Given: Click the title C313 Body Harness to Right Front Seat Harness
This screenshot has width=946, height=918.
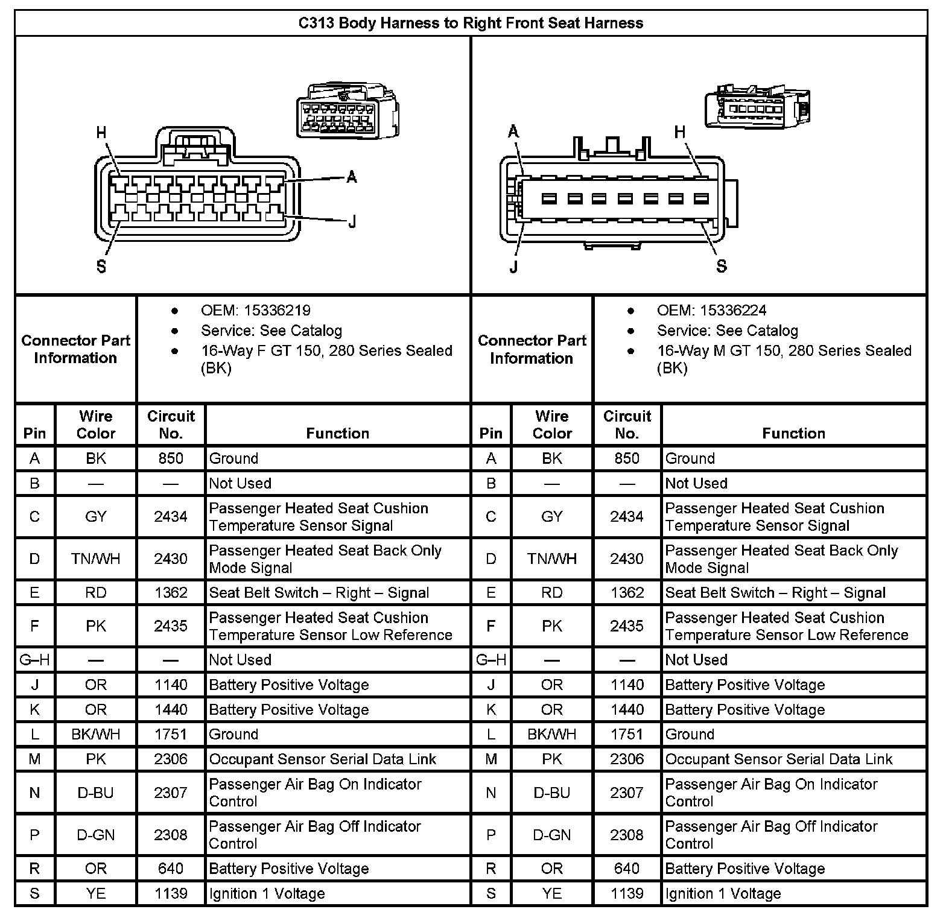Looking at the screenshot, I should click(x=471, y=24).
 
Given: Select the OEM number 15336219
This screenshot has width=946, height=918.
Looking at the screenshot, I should click(x=277, y=311).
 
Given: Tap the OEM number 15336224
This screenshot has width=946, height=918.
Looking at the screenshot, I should click(x=733, y=311).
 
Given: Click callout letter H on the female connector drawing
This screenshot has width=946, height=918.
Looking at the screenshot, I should click(x=101, y=133).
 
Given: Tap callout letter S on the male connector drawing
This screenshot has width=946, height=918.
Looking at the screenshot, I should click(x=722, y=266).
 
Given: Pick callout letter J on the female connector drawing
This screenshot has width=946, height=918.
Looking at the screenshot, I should click(x=352, y=223).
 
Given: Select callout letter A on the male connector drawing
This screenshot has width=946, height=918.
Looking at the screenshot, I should click(x=513, y=131).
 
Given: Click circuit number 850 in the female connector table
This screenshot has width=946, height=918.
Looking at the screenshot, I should click(x=171, y=458).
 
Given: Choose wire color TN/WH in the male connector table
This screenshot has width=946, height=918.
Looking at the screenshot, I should click(x=552, y=559).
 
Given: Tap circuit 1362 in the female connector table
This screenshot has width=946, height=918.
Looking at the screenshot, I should click(x=171, y=593).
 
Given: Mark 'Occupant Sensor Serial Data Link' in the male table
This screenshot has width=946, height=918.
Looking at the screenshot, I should click(x=778, y=759).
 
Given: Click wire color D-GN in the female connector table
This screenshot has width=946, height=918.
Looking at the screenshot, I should click(x=96, y=835).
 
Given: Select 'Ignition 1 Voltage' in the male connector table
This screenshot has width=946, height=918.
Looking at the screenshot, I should click(x=723, y=894).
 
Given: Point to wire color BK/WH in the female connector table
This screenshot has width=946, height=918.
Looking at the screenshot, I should click(x=96, y=735).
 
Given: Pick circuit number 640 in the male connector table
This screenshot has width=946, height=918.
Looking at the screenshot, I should click(x=627, y=869).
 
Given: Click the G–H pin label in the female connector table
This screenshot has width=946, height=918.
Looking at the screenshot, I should click(x=35, y=660).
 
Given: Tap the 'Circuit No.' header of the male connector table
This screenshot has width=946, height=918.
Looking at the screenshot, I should click(x=627, y=425).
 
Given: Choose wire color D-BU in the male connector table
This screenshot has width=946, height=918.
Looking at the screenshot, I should click(x=552, y=793).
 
